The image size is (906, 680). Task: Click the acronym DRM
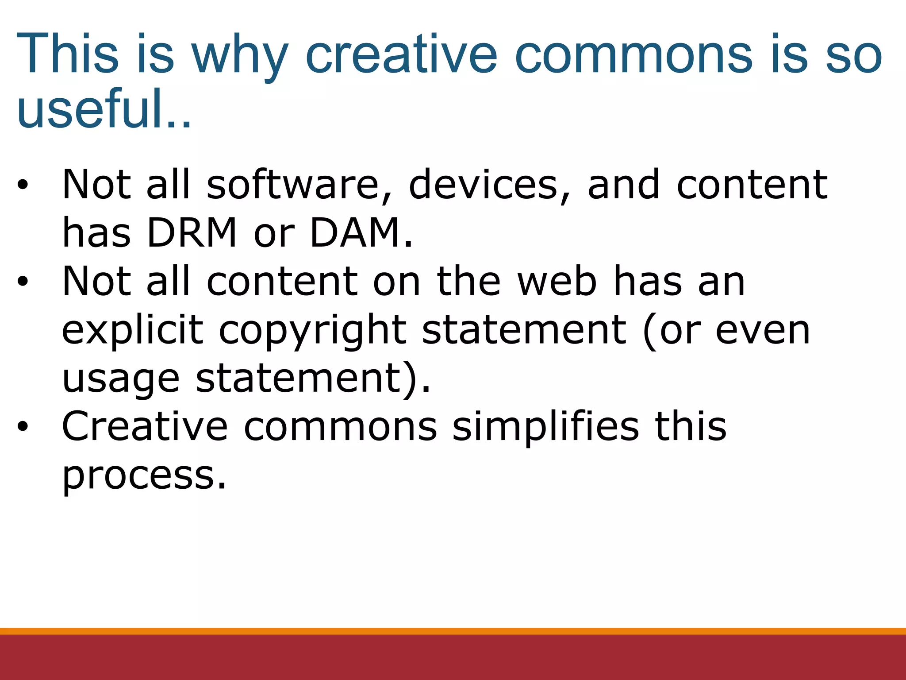(192, 233)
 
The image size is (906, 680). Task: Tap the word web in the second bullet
(557, 282)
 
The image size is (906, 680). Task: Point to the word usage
(121, 380)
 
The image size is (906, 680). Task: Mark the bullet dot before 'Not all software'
(23, 185)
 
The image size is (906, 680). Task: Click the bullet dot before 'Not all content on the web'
(23, 282)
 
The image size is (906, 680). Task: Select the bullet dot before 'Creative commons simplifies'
(23, 427)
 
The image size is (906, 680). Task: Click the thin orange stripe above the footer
(453, 631)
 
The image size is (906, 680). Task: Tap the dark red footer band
(453, 658)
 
